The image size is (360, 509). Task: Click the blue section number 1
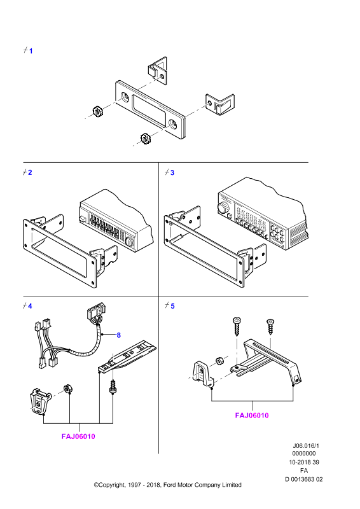coord(31,51)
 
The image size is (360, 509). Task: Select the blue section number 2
coord(30,172)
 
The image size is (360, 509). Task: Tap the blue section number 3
coord(172,172)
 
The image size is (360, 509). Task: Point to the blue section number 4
coord(30,306)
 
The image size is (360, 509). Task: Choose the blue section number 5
coord(172,306)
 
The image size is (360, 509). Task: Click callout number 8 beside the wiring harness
coord(118,335)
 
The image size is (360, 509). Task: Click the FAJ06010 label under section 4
coord(78,436)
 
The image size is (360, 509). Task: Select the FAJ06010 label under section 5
coord(252,415)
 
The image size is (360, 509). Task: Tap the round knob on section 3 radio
coord(223,207)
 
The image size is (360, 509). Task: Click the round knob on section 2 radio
coord(129,242)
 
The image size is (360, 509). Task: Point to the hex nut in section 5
coord(220,361)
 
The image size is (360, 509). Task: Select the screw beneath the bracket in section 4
coord(113,387)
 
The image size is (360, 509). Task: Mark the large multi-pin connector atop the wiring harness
coord(97,312)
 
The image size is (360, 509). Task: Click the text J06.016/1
coord(304,446)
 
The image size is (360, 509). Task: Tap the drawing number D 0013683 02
coord(304,479)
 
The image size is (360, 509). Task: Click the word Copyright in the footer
coord(112,485)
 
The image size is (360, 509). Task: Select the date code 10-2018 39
coord(304,462)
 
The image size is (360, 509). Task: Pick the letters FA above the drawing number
coord(304,470)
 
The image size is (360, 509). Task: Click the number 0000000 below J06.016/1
coord(304,454)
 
